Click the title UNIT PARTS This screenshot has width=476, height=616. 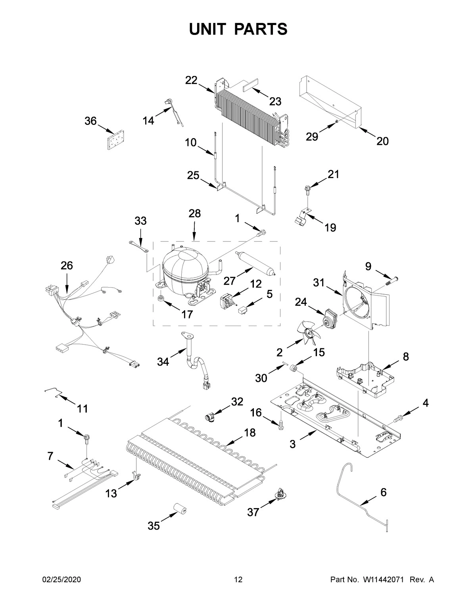(238, 29)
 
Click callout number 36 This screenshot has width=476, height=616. (90, 121)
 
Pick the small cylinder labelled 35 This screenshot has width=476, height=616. (180, 509)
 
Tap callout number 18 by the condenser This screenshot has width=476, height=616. (250, 433)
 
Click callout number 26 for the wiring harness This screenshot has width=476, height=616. (67, 265)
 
